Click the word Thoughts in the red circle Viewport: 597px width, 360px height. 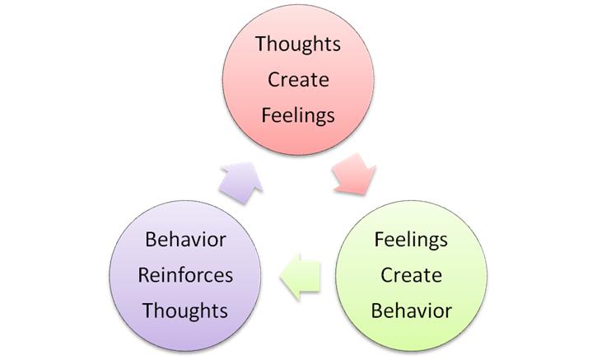coord(298,44)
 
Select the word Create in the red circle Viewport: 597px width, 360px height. coord(298,80)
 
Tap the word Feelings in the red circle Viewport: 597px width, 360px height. coord(298,115)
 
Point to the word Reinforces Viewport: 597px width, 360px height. coord(185,275)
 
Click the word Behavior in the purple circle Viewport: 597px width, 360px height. coord(185,240)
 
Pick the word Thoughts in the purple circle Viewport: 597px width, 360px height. coord(185,311)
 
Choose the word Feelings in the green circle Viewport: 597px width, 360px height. coord(411,240)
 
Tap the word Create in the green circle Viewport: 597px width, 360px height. coord(411,275)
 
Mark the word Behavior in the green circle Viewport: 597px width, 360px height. coord(411,311)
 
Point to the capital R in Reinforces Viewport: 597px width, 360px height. coord(143,275)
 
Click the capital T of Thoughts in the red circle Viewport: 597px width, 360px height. coord(260,44)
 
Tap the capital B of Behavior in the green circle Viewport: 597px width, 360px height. coord(375,311)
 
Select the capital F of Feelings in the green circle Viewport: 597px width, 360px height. coord(379,240)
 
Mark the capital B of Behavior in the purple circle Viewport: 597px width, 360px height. coord(150,240)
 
